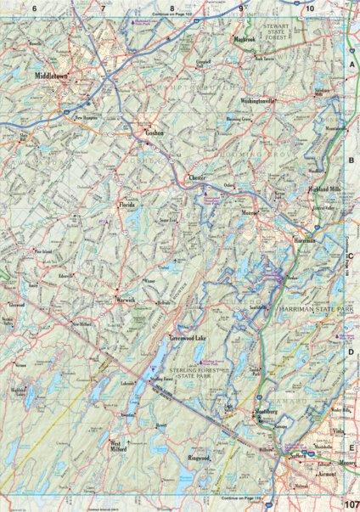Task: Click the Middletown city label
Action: point(52,76)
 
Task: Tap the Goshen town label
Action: point(152,134)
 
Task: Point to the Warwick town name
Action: point(125,299)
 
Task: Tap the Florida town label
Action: point(127,205)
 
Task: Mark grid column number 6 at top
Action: point(35,8)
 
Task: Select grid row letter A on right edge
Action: point(352,64)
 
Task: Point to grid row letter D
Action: point(352,350)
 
